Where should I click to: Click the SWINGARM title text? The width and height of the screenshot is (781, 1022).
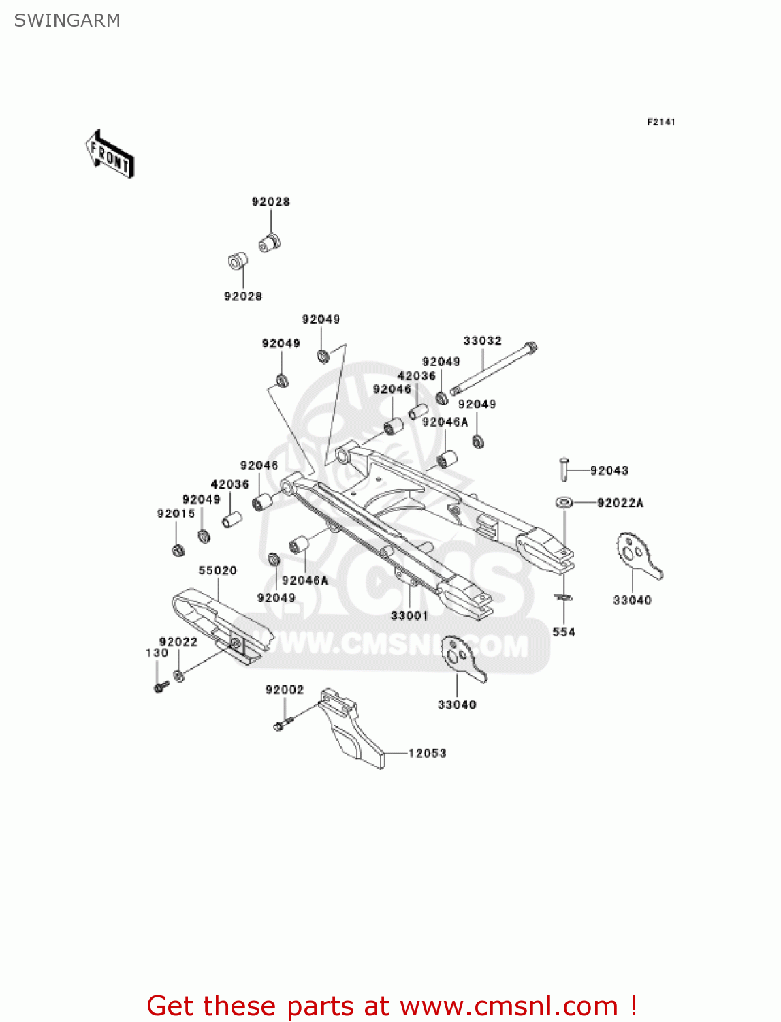[67, 20]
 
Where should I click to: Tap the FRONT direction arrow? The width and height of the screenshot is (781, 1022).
[110, 155]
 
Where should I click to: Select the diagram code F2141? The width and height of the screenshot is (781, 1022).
[660, 122]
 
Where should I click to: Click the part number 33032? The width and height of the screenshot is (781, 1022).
[482, 341]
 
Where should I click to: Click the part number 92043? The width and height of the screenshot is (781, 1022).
[609, 470]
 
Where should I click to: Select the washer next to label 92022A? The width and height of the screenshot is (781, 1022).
[563, 503]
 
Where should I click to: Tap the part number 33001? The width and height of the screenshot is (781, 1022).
[409, 615]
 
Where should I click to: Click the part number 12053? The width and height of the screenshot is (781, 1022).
[427, 753]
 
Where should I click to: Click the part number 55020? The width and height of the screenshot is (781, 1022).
[217, 570]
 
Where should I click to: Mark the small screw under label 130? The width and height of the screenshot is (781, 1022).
[161, 687]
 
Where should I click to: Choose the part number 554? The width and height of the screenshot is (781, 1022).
[564, 632]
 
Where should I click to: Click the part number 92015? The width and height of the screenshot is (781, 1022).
[176, 514]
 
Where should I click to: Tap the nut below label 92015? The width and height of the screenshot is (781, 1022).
[178, 550]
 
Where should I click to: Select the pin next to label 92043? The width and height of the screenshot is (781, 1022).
[563, 469]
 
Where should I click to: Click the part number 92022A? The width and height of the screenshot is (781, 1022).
[620, 503]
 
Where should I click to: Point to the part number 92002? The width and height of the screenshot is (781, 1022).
[285, 690]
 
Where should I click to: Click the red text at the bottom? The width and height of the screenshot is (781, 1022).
[392, 1006]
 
